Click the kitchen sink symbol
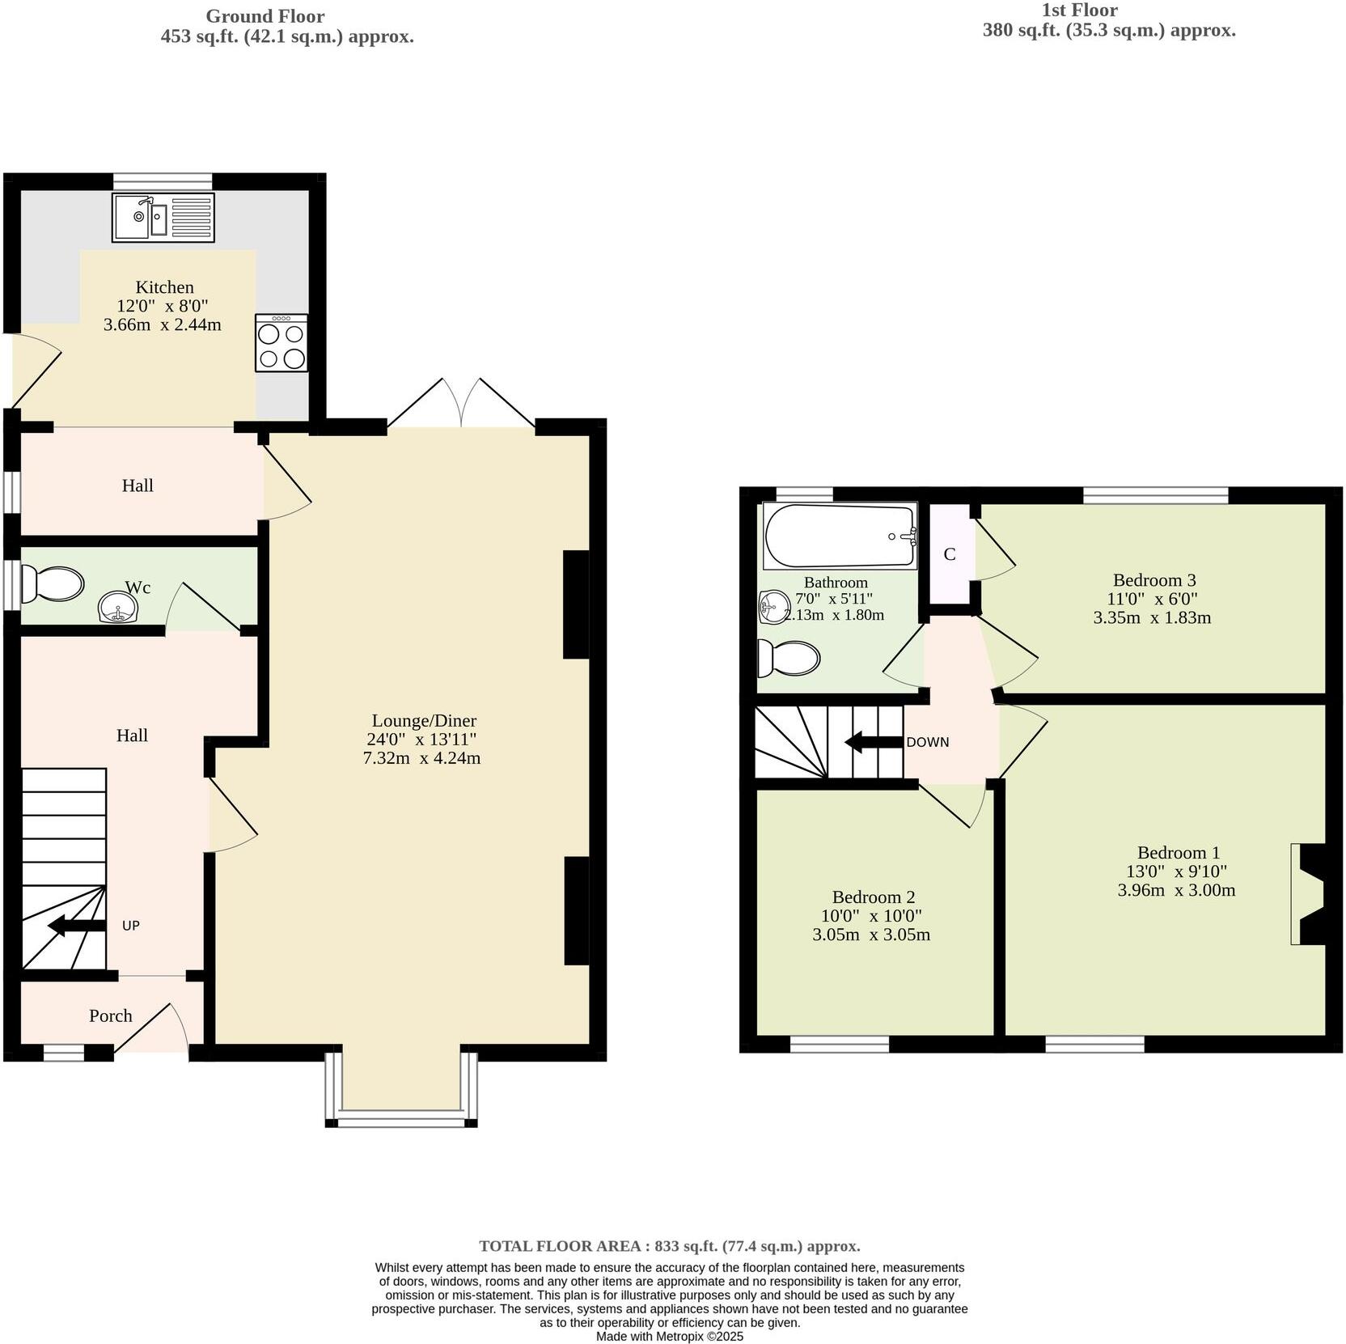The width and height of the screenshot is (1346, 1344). (163, 217)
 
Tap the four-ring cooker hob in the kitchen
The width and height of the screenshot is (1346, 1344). (281, 343)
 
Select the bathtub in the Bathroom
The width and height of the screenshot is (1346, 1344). (840, 536)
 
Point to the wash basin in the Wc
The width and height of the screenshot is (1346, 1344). (117, 608)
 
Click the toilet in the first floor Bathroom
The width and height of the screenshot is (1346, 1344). (788, 658)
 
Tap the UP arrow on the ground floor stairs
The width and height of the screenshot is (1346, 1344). (77, 926)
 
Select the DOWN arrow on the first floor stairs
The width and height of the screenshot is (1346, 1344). (874, 742)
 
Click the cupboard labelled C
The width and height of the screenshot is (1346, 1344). (950, 554)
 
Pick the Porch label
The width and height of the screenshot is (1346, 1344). (110, 1015)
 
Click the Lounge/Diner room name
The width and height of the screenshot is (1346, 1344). (424, 720)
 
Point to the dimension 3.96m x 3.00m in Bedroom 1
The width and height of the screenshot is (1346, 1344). (1176, 890)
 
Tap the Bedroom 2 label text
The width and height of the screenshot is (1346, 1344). (874, 897)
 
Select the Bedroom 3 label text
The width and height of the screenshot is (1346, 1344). (1153, 579)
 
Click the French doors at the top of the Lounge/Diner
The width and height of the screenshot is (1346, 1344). (461, 403)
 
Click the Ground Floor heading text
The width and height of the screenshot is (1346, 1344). (265, 16)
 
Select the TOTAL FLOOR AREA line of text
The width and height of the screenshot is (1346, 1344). (669, 1246)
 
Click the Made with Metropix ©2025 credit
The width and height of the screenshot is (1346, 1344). (669, 1336)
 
